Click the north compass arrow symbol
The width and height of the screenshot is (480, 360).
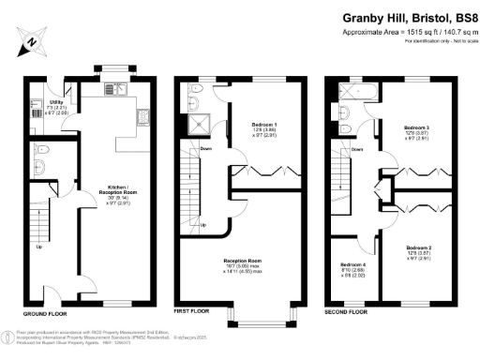pos(32,42)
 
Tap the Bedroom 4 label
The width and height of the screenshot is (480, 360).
pos(352,271)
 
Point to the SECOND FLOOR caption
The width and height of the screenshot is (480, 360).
pos(346,309)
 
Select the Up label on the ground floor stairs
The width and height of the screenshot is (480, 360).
pos(38,248)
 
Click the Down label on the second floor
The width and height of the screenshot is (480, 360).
pos(356,148)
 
